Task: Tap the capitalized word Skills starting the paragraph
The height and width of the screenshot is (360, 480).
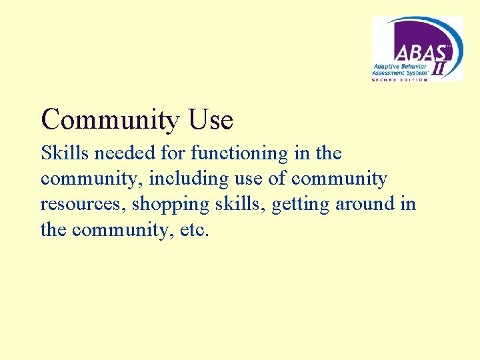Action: [x=64, y=153]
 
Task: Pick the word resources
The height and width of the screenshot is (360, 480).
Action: [x=83, y=205]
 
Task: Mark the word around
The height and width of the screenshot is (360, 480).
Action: [x=365, y=205]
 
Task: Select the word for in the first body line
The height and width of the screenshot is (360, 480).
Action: [x=175, y=153]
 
